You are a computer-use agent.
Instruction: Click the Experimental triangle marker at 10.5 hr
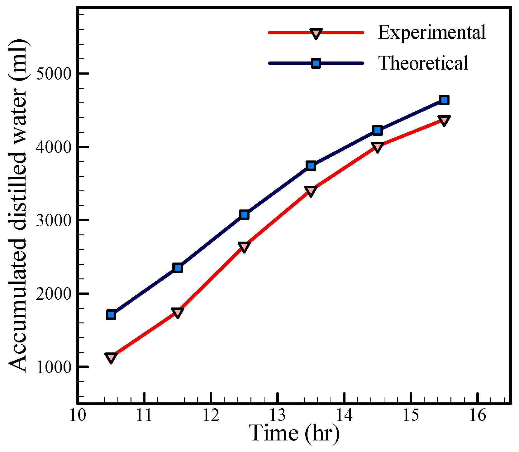(x=111, y=357)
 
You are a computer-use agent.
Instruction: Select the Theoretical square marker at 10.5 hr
(x=111, y=315)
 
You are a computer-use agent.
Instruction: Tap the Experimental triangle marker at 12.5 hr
(x=244, y=247)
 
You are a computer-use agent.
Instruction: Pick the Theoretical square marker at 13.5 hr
(x=311, y=165)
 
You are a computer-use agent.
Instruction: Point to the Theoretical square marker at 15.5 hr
(x=444, y=100)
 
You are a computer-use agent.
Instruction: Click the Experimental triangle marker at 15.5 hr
(x=444, y=120)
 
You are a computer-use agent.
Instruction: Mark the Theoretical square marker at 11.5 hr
(x=178, y=268)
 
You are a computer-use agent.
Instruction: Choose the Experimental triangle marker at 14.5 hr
(x=377, y=147)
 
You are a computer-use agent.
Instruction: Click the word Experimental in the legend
(x=431, y=32)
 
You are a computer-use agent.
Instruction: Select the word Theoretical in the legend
(x=423, y=63)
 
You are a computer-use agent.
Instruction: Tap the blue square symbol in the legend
(x=316, y=63)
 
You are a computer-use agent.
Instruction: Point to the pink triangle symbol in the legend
(x=316, y=33)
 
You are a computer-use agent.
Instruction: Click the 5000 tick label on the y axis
(x=54, y=74)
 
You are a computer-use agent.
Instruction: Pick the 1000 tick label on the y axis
(x=54, y=367)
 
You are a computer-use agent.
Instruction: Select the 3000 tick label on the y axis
(x=54, y=220)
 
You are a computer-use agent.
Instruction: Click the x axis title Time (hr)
(x=294, y=433)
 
